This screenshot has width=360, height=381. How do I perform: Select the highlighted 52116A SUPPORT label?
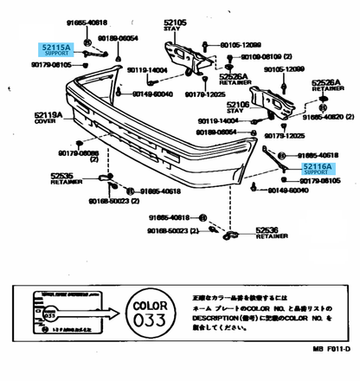pos(316,168)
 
